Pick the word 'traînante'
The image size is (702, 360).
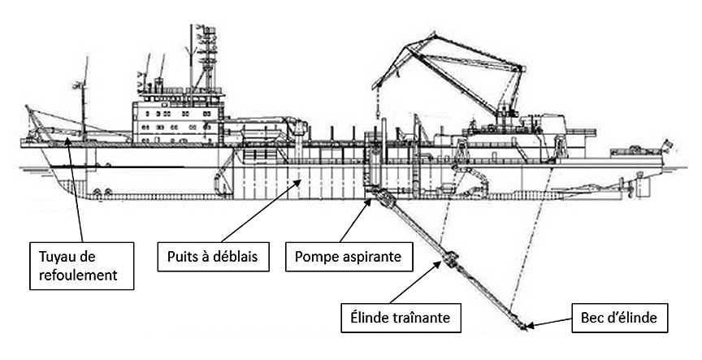tap(423, 314)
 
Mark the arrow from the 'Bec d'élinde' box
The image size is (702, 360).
tap(552, 323)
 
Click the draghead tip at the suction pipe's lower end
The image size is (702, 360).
tap(522, 327)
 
